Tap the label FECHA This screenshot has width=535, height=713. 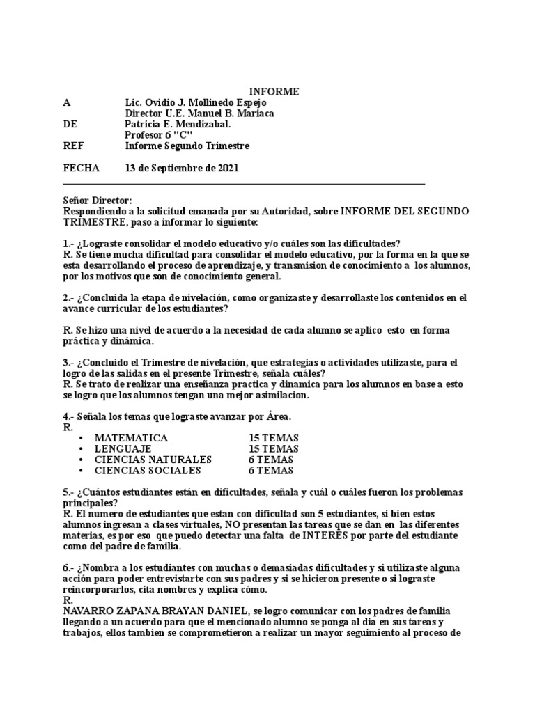(x=81, y=168)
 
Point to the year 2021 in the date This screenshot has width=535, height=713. (x=228, y=168)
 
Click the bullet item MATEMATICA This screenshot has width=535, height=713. (x=131, y=438)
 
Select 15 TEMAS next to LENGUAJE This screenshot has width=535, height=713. (x=274, y=449)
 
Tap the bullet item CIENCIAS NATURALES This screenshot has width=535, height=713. (x=153, y=460)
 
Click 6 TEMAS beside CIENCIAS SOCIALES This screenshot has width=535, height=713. (x=271, y=470)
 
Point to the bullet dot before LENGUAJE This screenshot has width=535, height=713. (x=82, y=449)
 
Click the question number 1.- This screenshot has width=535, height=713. (x=69, y=243)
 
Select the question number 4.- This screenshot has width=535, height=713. (x=69, y=416)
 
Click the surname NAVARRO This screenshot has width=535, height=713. (x=88, y=611)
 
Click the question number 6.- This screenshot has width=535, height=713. (x=69, y=568)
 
